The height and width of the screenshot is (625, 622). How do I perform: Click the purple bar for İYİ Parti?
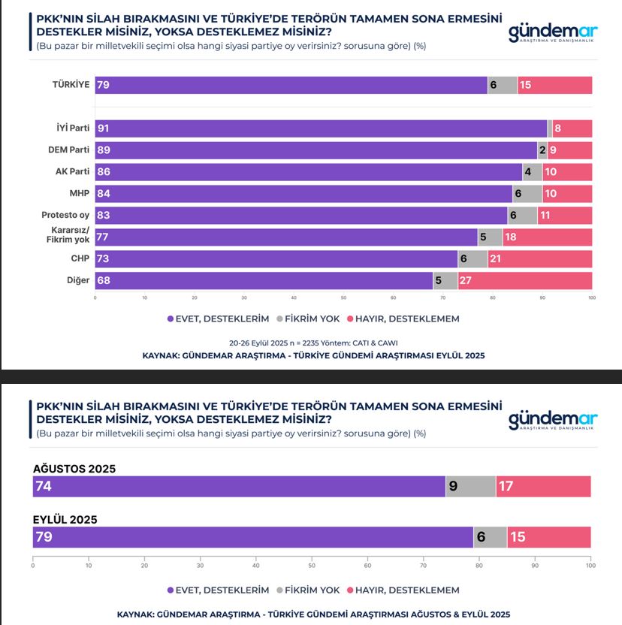click(321, 128)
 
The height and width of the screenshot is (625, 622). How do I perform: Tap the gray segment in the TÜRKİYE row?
click(503, 85)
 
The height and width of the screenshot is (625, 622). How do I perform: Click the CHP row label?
click(80, 258)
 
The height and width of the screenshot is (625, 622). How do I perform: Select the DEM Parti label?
click(69, 150)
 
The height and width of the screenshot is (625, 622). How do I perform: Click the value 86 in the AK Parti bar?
click(104, 172)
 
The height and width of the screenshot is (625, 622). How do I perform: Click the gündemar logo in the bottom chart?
click(552, 420)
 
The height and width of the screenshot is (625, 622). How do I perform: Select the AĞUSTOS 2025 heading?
click(74, 469)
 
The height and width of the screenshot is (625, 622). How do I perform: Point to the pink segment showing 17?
click(543, 486)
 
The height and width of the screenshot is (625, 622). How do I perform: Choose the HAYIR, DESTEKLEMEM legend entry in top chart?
click(406, 319)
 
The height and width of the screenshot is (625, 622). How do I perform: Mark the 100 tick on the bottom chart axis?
click(590, 566)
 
